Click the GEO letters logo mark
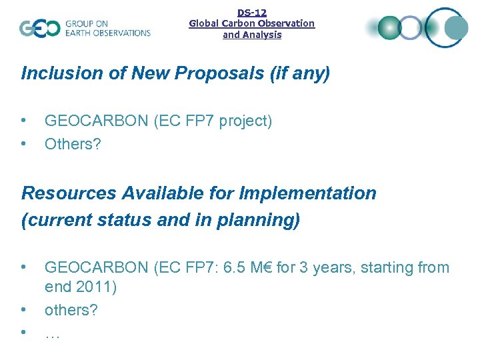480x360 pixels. [40, 28]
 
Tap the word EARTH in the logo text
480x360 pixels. [80, 33]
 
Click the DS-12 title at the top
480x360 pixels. [252, 12]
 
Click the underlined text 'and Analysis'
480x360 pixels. [252, 35]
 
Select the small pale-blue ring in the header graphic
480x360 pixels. [411, 27]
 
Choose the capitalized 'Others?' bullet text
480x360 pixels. [73, 143]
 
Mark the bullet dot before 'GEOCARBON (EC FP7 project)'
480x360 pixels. [24, 121]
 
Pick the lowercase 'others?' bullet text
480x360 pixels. [71, 310]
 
